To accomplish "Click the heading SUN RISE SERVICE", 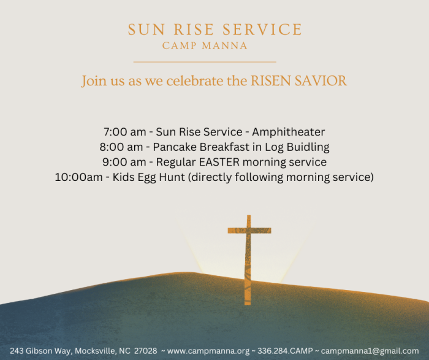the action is (214, 29).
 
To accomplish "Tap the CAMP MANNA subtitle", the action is (205, 46).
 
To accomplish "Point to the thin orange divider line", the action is (205, 62).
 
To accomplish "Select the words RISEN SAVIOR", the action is (299, 81).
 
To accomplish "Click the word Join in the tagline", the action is (94, 82).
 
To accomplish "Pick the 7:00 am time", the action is (125, 132).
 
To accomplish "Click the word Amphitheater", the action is (289, 132).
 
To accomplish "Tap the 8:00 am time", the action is (121, 147).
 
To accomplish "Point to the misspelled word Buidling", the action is (308, 147).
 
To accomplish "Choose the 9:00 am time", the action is (124, 162).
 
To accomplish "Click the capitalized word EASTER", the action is (219, 162).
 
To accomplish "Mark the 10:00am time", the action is (79, 177).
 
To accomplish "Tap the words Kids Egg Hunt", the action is (148, 177).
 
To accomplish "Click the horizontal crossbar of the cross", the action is (249, 231).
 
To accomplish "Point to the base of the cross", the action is (248, 302).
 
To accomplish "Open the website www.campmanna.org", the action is (208, 351).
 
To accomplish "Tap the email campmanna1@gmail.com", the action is (370, 351).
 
